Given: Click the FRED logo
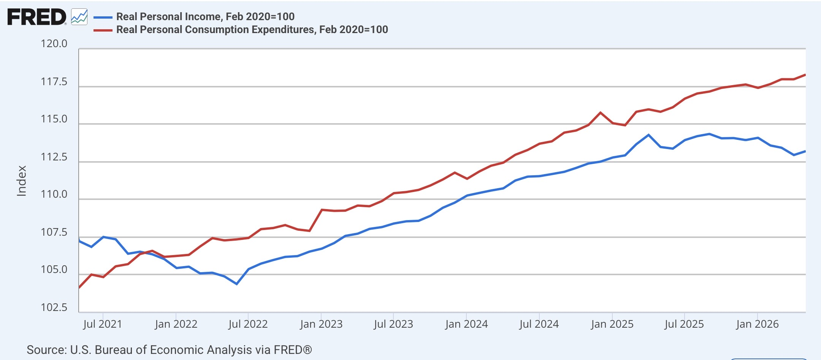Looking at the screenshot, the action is [37, 17].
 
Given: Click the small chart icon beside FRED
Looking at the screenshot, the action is [79, 17].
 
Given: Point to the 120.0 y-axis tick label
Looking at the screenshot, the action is [54, 44].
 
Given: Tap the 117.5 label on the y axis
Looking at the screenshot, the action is [54, 82].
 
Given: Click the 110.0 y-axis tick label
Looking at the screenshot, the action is [54, 194].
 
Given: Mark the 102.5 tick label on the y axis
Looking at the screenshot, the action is [54, 307].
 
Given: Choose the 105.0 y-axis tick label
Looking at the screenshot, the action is [54, 270].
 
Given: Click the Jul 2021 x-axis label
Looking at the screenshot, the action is [103, 324].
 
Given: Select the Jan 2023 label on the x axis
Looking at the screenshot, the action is [321, 324].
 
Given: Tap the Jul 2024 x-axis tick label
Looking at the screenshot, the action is [539, 324].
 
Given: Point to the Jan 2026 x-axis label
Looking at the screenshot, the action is [757, 324].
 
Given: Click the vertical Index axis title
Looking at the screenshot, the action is [22, 181].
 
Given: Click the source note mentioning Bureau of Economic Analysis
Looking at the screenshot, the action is [169, 350].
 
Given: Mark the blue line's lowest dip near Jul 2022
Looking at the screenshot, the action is [237, 284].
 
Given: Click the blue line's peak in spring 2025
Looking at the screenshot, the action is [648, 135].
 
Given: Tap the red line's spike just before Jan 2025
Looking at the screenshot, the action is [600, 113].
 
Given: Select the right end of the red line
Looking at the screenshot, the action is [805, 75].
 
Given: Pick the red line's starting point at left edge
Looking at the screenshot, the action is [79, 287].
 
